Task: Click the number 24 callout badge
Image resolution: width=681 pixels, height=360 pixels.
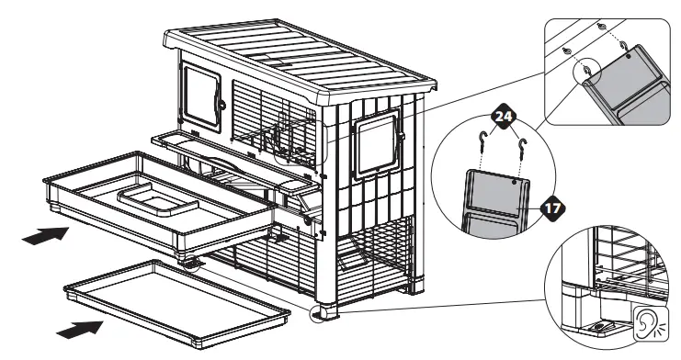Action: [x=501, y=118]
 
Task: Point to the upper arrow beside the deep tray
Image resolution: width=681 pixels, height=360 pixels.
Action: [x=44, y=236]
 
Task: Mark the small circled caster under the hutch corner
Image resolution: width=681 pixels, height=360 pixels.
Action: [x=322, y=316]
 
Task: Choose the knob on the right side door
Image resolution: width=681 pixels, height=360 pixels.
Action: [x=401, y=139]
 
